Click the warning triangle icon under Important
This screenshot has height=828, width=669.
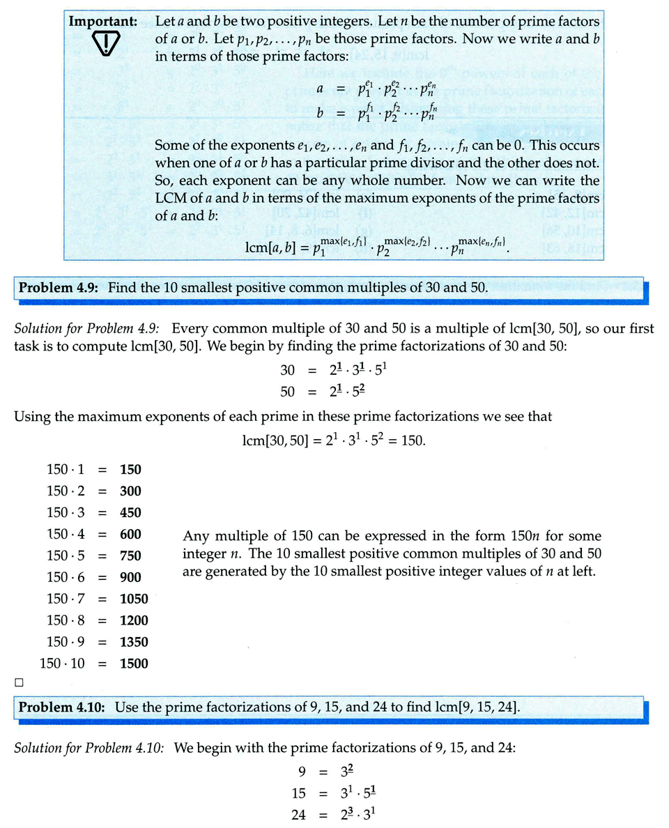(107, 45)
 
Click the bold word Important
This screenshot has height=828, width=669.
(107, 21)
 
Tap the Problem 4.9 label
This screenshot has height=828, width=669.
(61, 288)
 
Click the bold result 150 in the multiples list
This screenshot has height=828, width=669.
(130, 470)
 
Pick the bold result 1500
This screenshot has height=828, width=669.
(134, 664)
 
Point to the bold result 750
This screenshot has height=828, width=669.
(130, 555)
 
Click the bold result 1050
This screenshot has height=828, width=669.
(134, 599)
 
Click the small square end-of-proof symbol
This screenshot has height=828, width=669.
(20, 682)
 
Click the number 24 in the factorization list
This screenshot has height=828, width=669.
(299, 813)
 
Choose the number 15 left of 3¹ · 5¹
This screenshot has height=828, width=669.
(299, 792)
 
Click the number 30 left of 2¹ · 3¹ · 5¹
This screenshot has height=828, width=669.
(288, 371)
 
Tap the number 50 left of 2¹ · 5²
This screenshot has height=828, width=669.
(288, 392)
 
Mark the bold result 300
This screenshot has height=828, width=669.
(130, 491)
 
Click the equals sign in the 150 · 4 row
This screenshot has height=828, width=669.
(102, 535)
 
